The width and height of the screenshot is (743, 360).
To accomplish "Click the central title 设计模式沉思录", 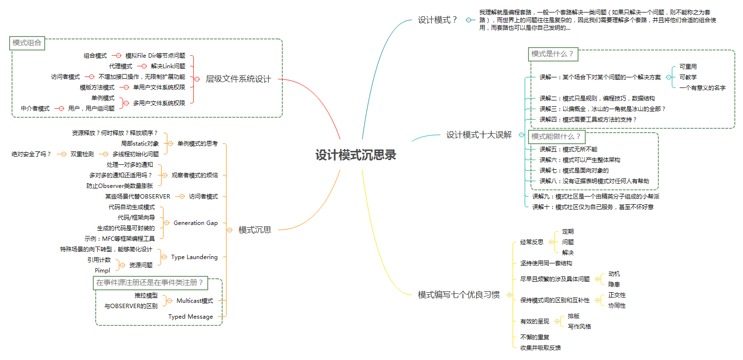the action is point(356,155).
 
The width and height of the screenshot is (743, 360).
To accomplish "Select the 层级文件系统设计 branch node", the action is point(238,79).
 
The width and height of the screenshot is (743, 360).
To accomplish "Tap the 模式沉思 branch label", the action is point(254,230).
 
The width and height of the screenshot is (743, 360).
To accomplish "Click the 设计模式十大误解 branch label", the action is point(479,135).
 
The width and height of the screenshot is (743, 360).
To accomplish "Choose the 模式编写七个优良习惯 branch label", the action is point(458,295).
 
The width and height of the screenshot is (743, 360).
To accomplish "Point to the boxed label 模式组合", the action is point(27,43).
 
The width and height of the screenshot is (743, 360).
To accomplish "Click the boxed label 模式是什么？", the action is point(553,54).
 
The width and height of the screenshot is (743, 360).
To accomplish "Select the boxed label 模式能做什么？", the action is point(555,137).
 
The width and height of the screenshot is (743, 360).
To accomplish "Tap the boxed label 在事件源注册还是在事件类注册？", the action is point(150,283).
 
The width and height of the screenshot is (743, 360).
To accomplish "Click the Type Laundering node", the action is point(194,257).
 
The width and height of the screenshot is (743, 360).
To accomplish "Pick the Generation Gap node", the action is point(195,223).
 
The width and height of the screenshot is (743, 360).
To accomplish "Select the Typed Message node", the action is point(190,317).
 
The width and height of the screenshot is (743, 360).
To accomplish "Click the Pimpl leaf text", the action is point(102,270).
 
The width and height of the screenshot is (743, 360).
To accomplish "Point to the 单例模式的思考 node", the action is point(197,143).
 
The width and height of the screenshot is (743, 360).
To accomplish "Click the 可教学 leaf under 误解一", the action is point(688,77).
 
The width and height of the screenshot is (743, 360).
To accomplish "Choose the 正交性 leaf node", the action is point(617,295).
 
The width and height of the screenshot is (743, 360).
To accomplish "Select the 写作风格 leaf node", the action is point(579,326).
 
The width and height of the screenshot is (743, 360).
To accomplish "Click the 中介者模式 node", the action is point(35,109).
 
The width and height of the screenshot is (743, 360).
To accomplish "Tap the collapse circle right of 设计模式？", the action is point(468,20).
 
